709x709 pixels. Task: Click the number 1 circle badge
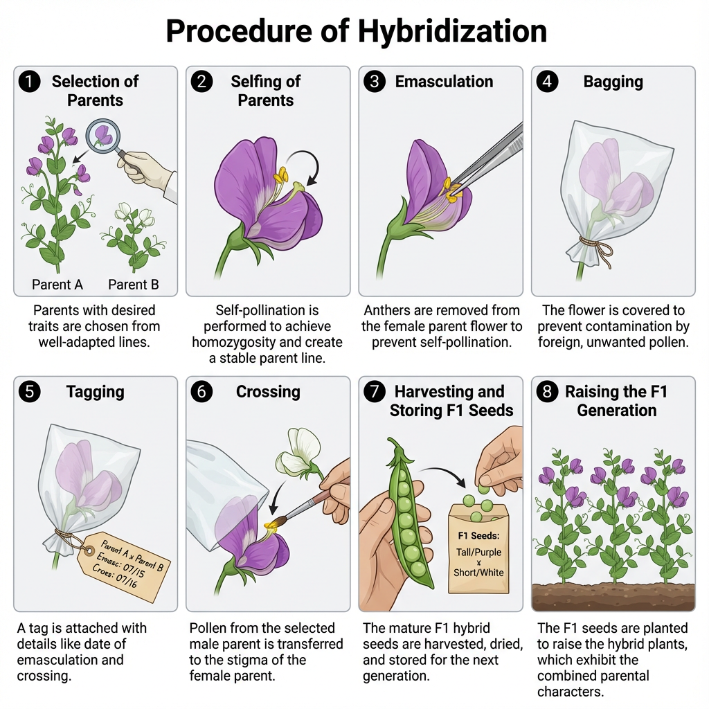coord(29,82)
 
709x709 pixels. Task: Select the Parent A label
coord(57,284)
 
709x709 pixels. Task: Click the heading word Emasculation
coord(444,82)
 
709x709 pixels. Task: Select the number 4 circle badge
coord(548,82)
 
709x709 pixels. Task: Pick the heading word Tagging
coord(95,392)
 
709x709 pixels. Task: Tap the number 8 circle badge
coord(548,392)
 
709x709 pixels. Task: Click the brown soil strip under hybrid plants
coord(613,596)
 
